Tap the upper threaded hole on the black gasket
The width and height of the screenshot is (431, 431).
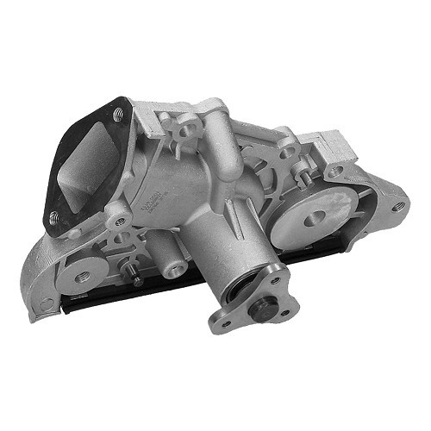pyautogui.click(x=118, y=113)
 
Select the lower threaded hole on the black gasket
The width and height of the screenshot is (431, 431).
pyautogui.click(x=53, y=216)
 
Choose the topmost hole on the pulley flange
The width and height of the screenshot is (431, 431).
pyautogui.click(x=275, y=279)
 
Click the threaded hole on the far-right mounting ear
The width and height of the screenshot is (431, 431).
pyautogui.click(x=398, y=206)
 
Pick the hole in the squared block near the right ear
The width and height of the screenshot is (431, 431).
pyautogui.click(x=334, y=171)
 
